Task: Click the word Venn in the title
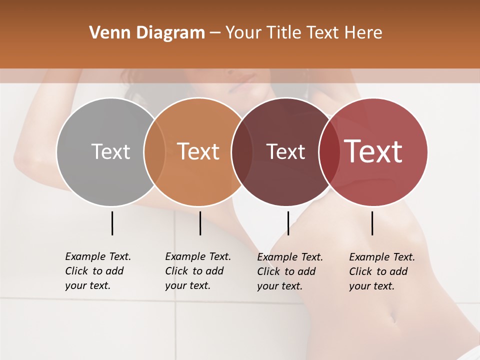click(106, 33)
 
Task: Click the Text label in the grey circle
click(110, 151)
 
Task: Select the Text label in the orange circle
click(198, 151)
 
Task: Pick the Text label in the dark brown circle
click(285, 151)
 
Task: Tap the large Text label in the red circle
click(373, 151)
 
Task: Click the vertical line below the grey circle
click(112, 223)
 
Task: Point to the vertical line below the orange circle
click(200, 223)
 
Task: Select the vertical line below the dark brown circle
click(288, 223)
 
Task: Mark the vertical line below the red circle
click(372, 223)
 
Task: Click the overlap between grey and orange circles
click(154, 151)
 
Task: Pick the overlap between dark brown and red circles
click(329, 151)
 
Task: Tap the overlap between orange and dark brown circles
click(241, 151)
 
